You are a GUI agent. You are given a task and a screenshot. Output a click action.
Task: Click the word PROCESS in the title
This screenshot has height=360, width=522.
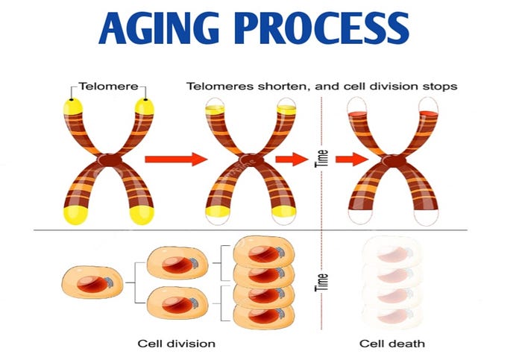(329, 30)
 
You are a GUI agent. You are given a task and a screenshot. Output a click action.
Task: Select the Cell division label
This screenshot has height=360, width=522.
(177, 344)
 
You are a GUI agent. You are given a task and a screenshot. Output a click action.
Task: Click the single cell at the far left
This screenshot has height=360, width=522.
(88, 282)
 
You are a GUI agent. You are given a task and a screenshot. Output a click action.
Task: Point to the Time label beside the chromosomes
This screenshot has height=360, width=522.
(322, 160)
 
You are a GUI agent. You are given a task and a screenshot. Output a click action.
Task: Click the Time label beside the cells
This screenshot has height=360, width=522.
(322, 281)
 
